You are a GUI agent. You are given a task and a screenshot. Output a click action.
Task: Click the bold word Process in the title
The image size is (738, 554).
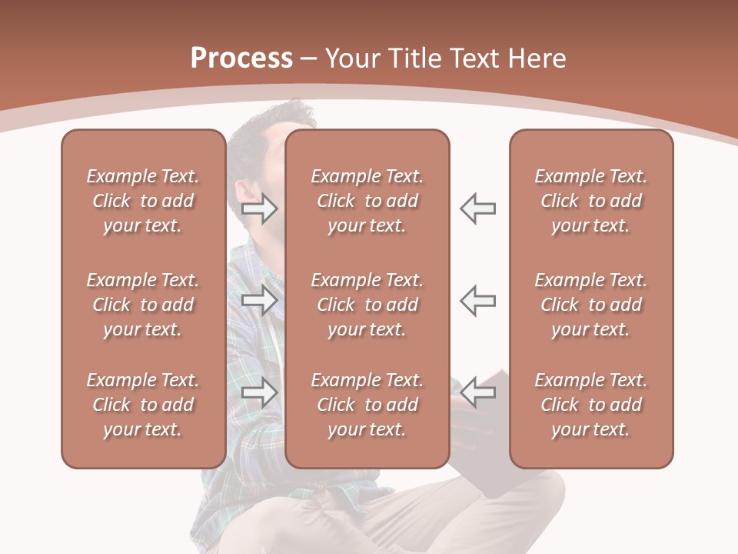241,58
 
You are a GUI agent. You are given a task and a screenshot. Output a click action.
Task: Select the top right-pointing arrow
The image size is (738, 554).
260,209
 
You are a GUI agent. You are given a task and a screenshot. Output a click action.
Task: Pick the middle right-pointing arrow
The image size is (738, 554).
260,300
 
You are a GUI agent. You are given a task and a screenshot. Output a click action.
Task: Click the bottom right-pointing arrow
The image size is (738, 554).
260,392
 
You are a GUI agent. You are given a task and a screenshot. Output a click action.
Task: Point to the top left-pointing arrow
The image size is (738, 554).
477,209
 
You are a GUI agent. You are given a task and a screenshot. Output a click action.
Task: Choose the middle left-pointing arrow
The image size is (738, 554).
477,300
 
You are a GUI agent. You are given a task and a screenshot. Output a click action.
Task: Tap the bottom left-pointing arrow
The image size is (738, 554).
477,392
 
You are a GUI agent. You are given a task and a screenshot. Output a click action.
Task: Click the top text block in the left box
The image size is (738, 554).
143,201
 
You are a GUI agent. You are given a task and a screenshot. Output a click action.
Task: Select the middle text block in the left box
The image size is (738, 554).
143,305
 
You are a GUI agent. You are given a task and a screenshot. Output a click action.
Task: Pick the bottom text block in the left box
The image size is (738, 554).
143,405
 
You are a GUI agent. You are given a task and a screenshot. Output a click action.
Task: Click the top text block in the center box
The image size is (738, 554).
367,201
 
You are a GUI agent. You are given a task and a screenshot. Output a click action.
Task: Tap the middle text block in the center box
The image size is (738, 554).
367,305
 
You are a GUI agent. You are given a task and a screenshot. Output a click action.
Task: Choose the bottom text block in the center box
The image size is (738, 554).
367,405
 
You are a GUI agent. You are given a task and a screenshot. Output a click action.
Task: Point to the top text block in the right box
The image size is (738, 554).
590,201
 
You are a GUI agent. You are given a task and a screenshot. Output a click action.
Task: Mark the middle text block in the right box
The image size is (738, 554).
590,305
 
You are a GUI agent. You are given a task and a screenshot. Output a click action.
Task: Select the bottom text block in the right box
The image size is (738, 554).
590,405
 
